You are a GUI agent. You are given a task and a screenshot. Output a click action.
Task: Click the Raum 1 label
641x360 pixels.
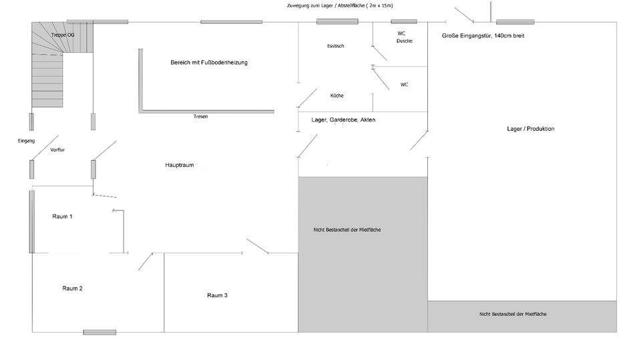(x=62, y=216)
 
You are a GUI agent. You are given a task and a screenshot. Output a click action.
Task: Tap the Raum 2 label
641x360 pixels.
(x=72, y=289)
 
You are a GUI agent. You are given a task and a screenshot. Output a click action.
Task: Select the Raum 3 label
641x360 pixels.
(x=217, y=295)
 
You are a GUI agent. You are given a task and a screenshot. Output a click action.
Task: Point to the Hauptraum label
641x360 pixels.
(x=180, y=165)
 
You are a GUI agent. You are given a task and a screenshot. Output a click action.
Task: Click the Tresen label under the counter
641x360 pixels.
(x=200, y=117)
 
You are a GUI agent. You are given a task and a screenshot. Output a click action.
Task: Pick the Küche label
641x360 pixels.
(x=337, y=96)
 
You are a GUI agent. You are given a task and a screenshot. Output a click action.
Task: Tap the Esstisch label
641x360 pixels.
(x=335, y=46)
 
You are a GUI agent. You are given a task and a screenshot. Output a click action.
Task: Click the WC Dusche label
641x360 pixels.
(x=403, y=37)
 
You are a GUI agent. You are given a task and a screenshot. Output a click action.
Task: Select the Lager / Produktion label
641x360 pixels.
(x=530, y=129)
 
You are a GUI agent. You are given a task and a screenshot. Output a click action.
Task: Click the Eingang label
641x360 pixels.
(x=26, y=142)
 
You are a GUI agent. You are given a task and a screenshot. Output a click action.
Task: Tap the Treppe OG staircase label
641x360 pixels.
(x=63, y=35)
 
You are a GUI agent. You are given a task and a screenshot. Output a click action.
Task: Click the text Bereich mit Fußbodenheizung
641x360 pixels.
(x=209, y=62)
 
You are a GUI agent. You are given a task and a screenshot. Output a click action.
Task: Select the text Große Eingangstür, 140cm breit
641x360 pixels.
(x=483, y=36)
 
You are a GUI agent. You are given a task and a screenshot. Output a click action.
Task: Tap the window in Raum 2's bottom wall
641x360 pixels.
(x=99, y=332)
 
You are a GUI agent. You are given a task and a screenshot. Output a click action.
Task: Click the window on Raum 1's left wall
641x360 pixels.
(x=31, y=221)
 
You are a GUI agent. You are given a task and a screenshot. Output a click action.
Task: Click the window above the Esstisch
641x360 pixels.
(x=337, y=22)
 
